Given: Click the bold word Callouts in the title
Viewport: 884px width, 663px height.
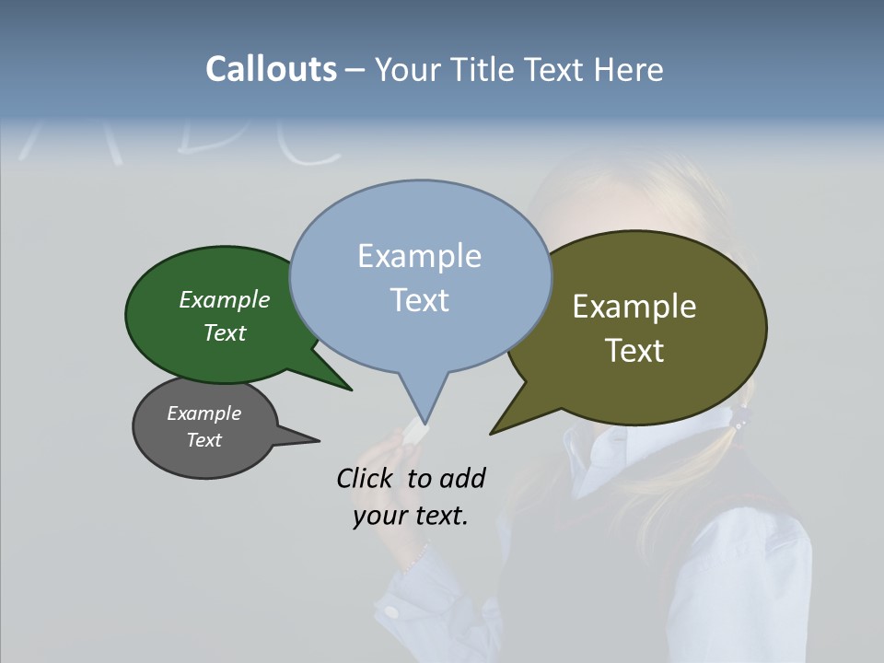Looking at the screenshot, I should [x=271, y=69].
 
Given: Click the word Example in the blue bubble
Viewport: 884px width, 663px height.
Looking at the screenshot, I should [x=419, y=256].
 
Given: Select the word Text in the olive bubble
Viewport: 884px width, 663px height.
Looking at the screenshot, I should [x=634, y=350].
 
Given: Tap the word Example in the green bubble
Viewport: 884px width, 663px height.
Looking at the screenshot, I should [x=225, y=299].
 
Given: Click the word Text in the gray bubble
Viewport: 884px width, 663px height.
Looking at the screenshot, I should [x=204, y=440].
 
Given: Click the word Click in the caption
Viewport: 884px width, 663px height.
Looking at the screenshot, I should [x=366, y=478].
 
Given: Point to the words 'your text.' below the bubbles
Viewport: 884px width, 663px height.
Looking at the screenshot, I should [x=411, y=516].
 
